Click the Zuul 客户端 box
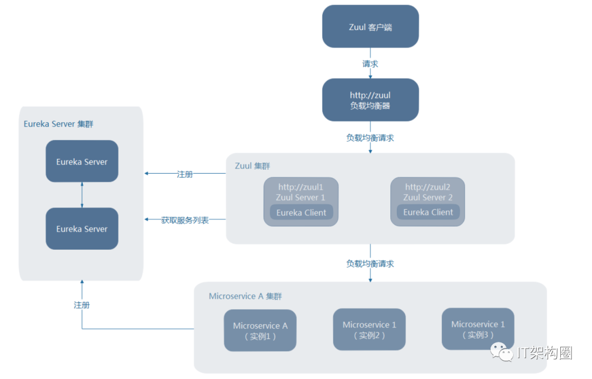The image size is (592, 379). [x=371, y=26]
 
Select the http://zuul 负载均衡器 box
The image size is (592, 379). [x=371, y=100]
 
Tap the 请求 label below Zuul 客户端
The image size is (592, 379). [x=370, y=64]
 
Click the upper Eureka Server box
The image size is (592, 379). [x=82, y=162]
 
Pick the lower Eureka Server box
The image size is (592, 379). [x=82, y=228]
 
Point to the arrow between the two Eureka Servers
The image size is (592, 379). [x=82, y=195]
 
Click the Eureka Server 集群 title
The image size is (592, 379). [x=58, y=124]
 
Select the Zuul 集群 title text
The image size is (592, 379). [x=252, y=166]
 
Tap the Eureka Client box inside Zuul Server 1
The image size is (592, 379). [x=301, y=213]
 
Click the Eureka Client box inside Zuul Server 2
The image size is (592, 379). [x=428, y=213]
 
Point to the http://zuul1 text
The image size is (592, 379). [x=300, y=187]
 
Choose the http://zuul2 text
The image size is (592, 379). [x=428, y=187]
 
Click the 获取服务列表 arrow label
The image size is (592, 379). [x=185, y=220]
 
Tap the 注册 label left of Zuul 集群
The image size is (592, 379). [x=185, y=174]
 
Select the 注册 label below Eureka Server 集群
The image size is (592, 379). [x=82, y=305]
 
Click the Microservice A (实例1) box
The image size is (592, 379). [x=260, y=330]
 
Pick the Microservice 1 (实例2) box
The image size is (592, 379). [x=369, y=330]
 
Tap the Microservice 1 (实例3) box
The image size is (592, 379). [x=478, y=329]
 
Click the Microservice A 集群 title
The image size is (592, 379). [x=246, y=296]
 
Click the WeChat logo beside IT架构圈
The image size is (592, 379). [x=502, y=352]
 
